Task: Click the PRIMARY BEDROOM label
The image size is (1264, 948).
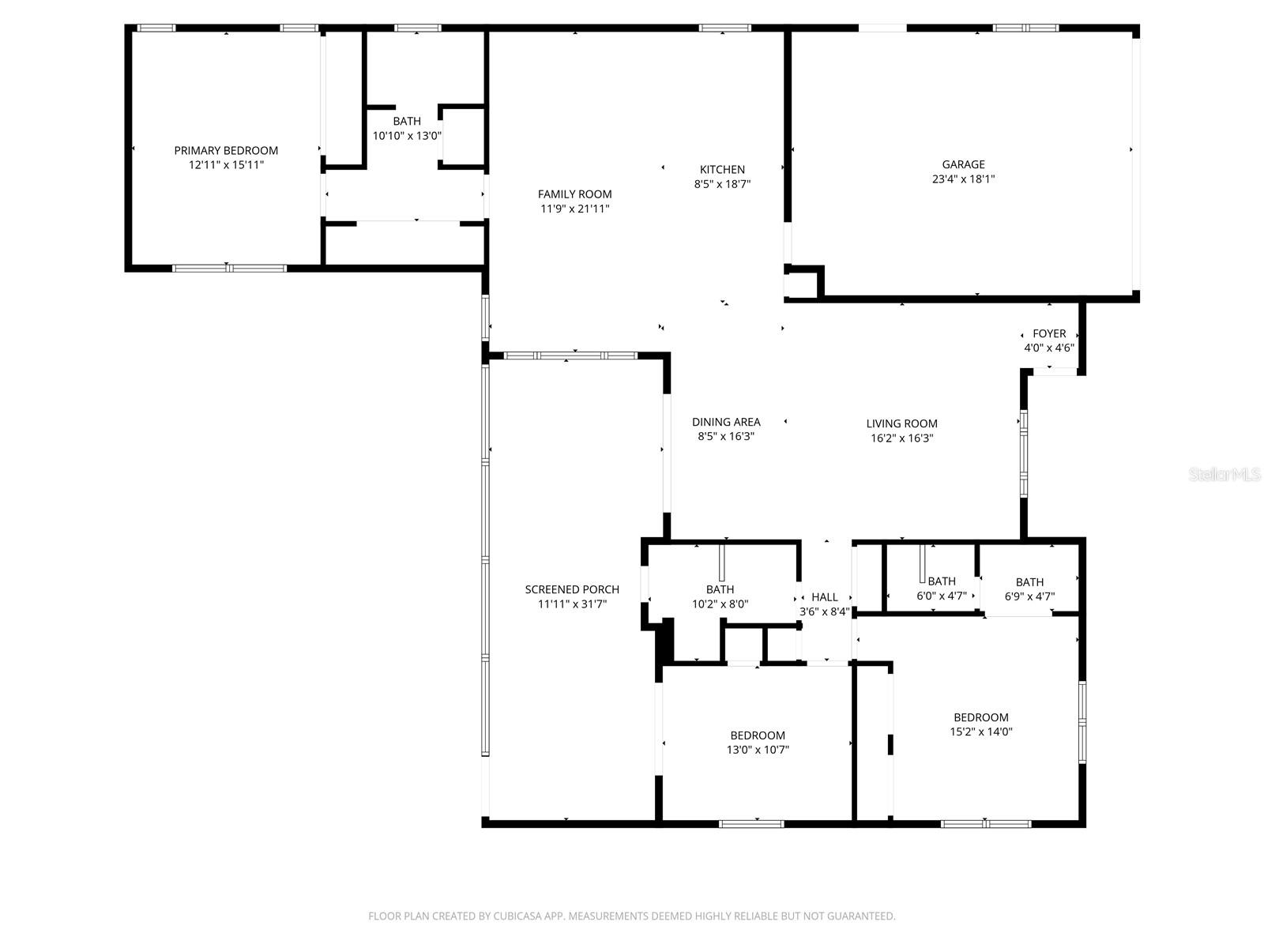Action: point(226,150)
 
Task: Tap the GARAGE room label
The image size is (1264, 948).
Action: point(963,164)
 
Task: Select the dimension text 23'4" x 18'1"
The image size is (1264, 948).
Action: point(963,179)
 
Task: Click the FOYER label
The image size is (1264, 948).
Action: point(1049,333)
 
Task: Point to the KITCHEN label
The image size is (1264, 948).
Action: point(722,169)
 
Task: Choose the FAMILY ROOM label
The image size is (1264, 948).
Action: point(574,194)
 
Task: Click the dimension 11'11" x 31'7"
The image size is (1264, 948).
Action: point(572,604)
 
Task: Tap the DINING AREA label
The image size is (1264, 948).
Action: point(726,422)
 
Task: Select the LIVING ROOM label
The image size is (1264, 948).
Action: point(901,423)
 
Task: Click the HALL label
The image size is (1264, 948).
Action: point(824,597)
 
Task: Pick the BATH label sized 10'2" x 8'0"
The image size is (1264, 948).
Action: point(720,589)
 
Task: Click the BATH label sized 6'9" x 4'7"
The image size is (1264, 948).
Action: point(1029,582)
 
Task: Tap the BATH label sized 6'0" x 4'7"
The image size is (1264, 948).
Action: point(941,581)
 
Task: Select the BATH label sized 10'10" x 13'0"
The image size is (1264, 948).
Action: point(407,121)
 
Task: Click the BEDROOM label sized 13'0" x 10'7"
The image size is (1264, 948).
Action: point(758,735)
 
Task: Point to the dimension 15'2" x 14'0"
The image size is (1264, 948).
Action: point(980,732)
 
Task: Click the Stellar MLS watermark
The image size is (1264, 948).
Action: point(1224,475)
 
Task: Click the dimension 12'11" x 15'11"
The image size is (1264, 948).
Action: point(226,165)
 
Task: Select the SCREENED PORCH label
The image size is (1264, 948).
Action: point(572,589)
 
